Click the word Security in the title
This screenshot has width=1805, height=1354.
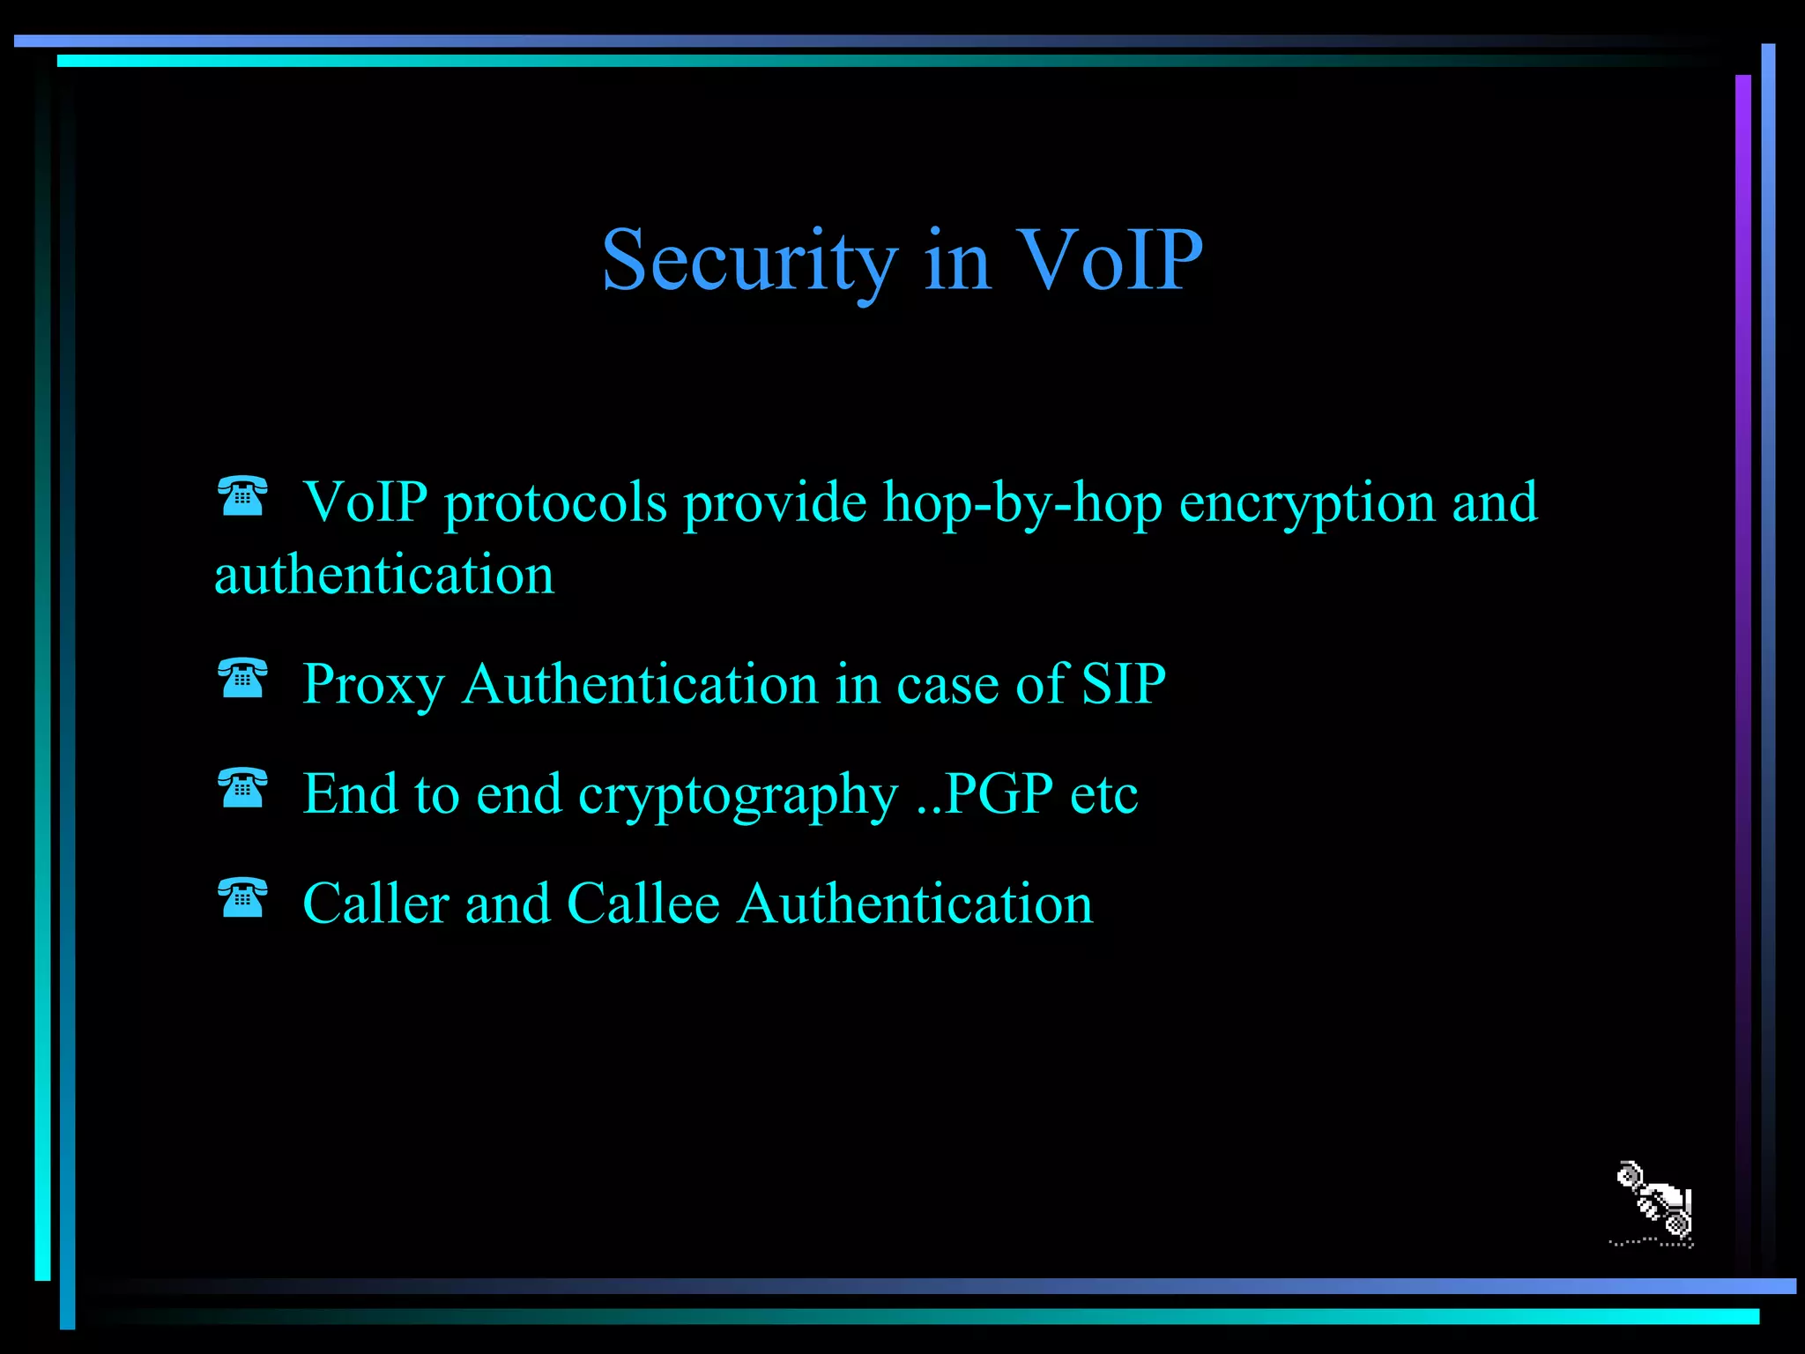(749, 261)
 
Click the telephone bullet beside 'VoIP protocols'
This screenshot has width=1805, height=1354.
(242, 495)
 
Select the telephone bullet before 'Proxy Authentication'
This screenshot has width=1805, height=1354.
(242, 678)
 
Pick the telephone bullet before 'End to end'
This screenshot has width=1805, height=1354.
(242, 788)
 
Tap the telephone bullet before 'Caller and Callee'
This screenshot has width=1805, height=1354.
(242, 898)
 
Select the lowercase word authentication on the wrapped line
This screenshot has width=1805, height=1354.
(384, 576)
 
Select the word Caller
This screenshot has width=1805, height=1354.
(375, 904)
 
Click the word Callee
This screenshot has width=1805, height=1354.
(643, 904)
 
